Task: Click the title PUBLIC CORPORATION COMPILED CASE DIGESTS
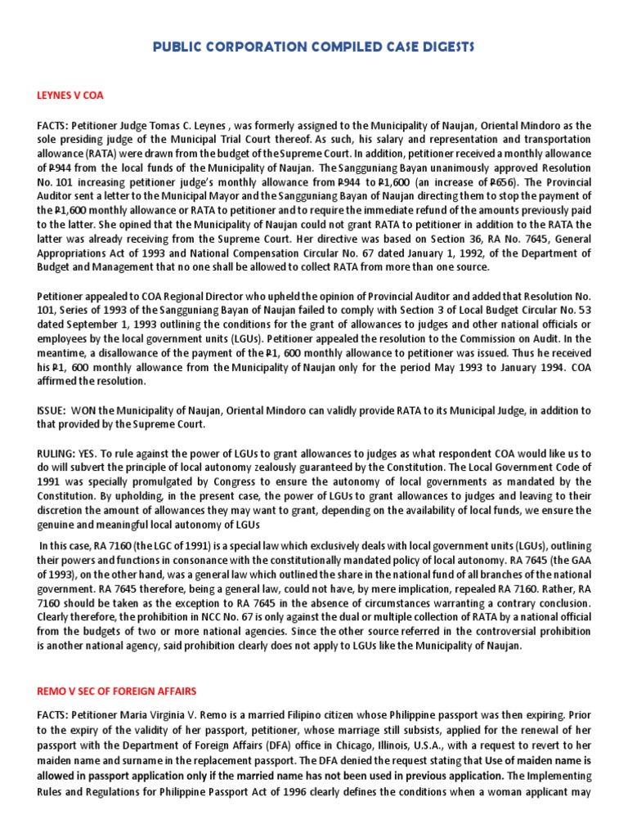point(313,48)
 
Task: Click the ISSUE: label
point(52,410)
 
